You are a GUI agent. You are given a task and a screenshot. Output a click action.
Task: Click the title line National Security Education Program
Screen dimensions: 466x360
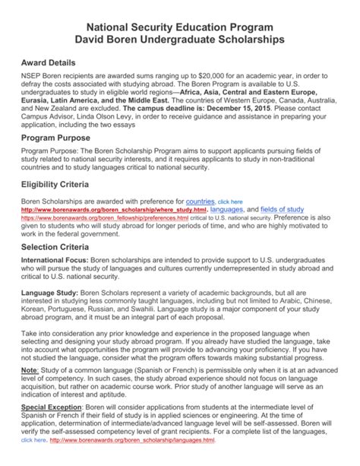(180, 21)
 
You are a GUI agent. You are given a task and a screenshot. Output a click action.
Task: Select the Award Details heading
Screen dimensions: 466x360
(55, 66)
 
